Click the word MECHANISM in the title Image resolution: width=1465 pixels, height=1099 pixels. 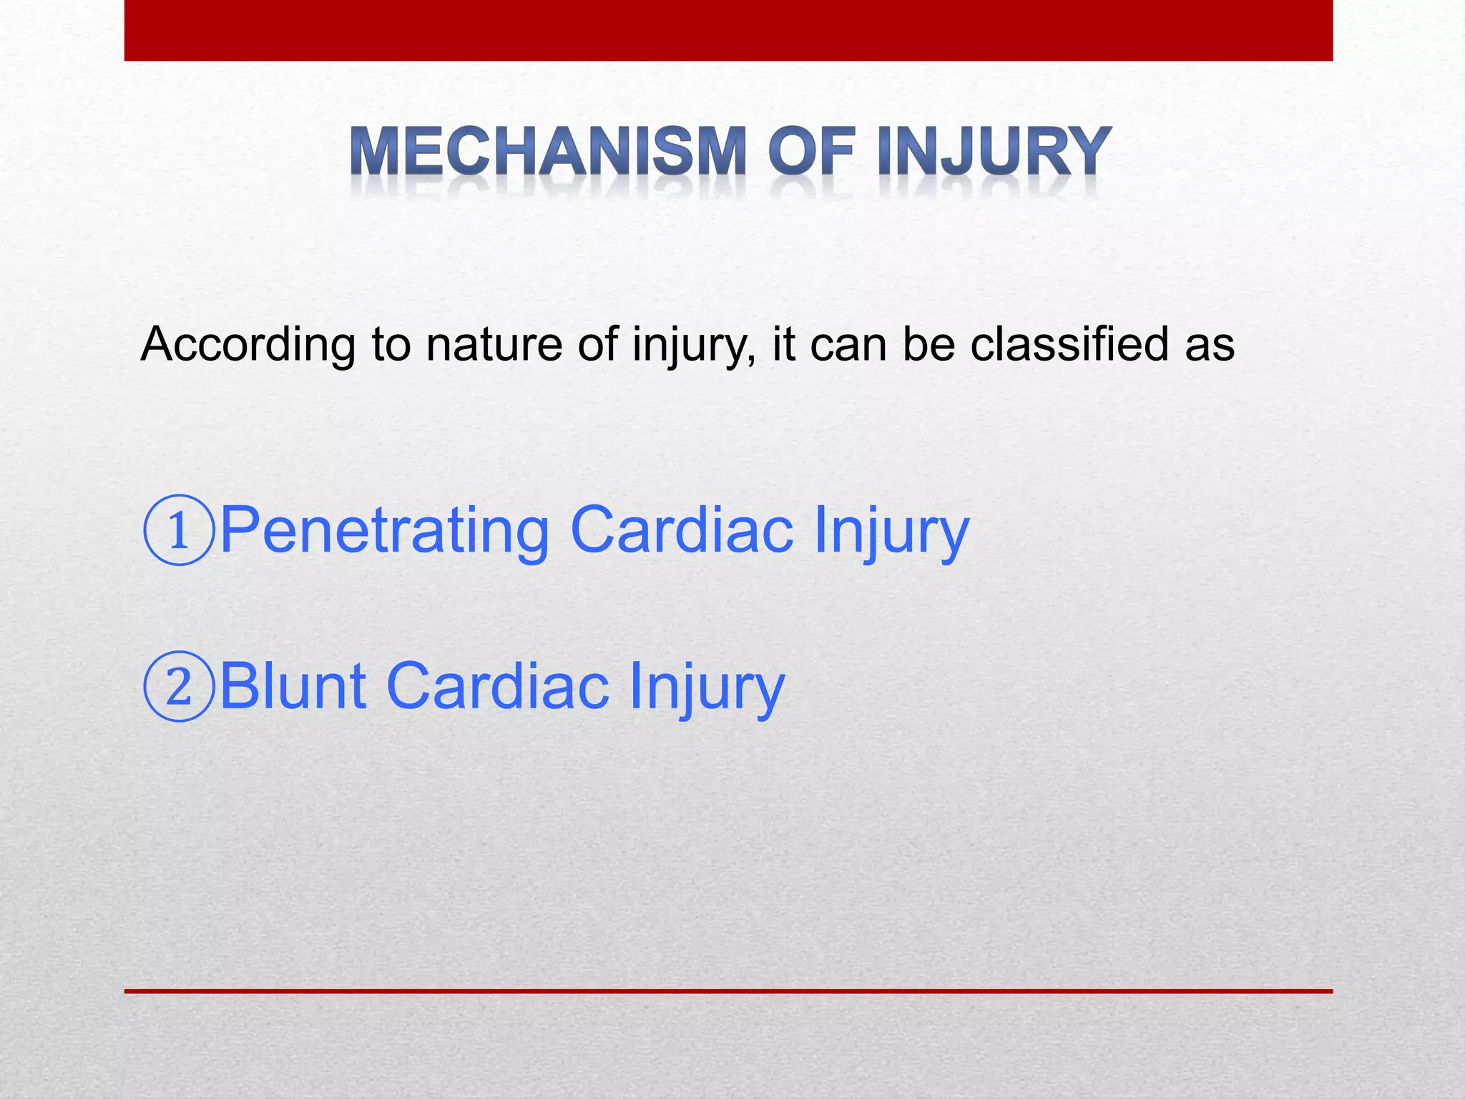click(547, 152)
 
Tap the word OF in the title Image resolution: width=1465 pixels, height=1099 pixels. click(812, 152)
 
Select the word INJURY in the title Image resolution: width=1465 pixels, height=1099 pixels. click(994, 152)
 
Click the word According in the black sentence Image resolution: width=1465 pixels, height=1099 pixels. click(248, 345)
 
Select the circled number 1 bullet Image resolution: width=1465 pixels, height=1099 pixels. click(179, 530)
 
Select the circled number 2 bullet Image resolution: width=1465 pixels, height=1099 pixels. click(179, 686)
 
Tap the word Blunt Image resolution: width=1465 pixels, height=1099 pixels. click(293, 685)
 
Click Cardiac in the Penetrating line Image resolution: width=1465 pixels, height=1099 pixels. click(682, 529)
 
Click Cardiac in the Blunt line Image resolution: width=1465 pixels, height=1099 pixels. click(498, 685)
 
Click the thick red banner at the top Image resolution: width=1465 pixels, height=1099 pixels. click(728, 30)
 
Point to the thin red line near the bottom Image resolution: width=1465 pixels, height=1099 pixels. click(728, 991)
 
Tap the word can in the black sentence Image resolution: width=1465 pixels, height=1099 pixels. click(848, 345)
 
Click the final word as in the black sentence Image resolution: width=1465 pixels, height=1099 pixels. click(1210, 345)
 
